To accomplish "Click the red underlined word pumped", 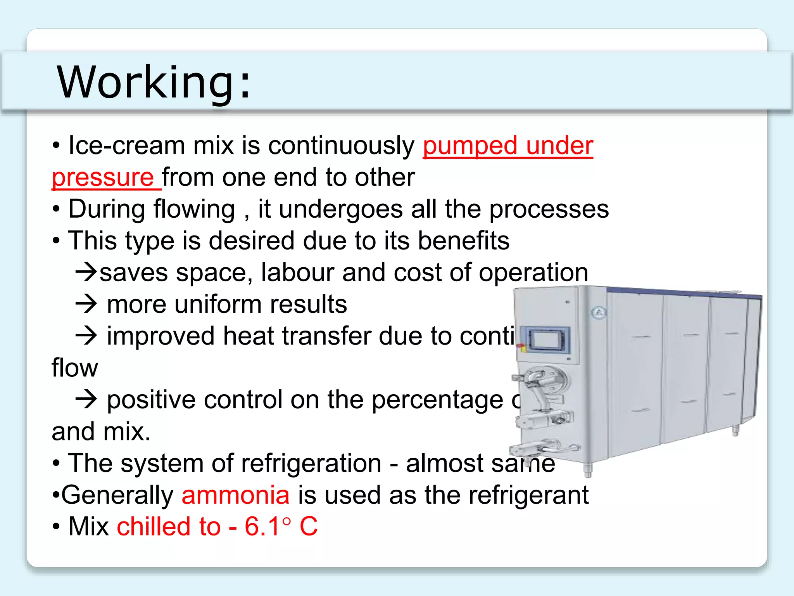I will coord(469,146).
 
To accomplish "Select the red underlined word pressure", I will coord(103,178).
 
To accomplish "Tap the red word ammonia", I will coord(235,495).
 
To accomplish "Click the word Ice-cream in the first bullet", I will coord(126,146).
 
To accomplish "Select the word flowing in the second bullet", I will coord(194,210).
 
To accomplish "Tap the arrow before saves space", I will coord(86,272).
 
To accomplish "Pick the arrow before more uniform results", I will coord(86,304).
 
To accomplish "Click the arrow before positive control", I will coord(86,399).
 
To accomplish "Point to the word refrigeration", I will coord(312,463).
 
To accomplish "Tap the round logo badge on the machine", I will coord(599,312).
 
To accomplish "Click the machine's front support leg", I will coord(588,470).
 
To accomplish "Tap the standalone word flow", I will coord(75,368).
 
